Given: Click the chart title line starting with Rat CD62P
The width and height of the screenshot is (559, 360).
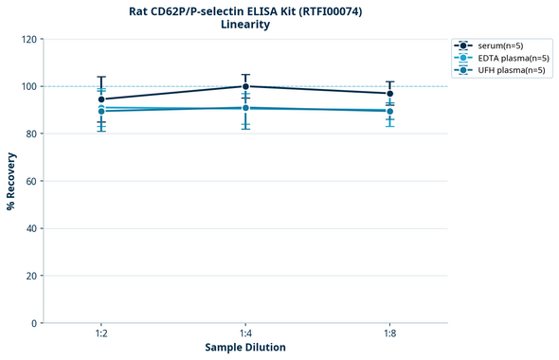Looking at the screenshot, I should point(245,10).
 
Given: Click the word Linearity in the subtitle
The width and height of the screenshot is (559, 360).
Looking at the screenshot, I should point(245,25).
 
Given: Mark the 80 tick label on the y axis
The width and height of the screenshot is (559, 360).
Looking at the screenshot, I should point(29,134).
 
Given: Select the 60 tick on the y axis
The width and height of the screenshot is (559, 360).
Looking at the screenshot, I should point(29,181).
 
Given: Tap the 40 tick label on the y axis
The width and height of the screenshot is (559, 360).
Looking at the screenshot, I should point(29,228).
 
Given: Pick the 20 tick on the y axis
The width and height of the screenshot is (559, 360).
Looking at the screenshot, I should point(29,276).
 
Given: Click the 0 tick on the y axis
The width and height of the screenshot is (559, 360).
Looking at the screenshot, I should point(32,323).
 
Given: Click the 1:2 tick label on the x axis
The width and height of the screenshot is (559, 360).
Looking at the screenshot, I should point(101,334).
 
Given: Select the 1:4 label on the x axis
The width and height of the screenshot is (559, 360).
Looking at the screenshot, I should point(245,334).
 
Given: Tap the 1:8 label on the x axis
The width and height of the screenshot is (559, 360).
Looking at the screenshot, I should point(389,334).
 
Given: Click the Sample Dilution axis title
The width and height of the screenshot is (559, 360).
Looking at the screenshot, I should point(245,348).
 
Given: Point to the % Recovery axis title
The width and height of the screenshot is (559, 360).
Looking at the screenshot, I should point(10,181).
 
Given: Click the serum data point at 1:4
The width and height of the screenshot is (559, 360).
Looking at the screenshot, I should point(245,86).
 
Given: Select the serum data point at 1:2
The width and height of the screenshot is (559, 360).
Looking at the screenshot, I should point(101,99).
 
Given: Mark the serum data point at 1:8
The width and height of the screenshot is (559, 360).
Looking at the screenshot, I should point(389,94).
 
